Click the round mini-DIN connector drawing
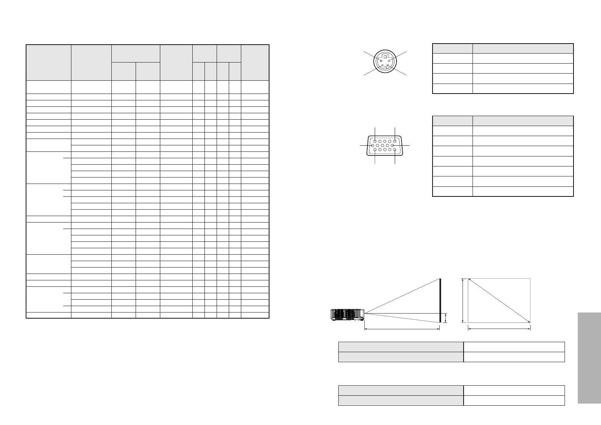384,63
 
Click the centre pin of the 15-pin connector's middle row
383,146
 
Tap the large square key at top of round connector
385,56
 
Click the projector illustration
347,314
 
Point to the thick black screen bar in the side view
440,300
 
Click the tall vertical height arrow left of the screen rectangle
463,301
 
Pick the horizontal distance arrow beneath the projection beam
402,329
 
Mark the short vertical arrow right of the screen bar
445,317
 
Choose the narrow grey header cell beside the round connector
453,49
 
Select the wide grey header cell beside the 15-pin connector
523,121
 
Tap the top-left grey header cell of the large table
49,62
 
